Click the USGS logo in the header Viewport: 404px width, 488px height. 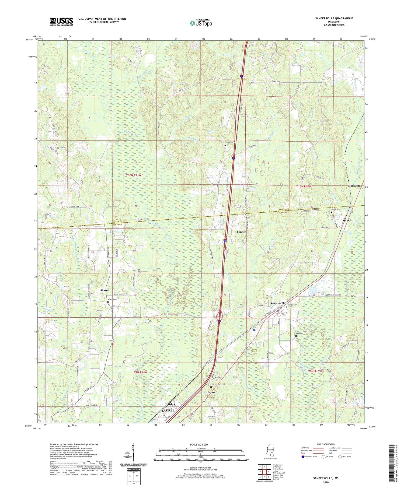point(61,22)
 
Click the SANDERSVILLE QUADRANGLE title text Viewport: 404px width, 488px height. point(334,18)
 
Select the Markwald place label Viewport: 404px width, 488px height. point(354,186)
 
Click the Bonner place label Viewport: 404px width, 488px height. point(241,232)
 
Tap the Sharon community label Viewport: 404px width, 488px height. point(105,290)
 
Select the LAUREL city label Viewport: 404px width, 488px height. point(168,410)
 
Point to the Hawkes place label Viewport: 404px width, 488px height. point(170,404)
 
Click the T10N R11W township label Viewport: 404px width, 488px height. point(134,175)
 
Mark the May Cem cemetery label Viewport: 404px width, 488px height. point(299,333)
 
